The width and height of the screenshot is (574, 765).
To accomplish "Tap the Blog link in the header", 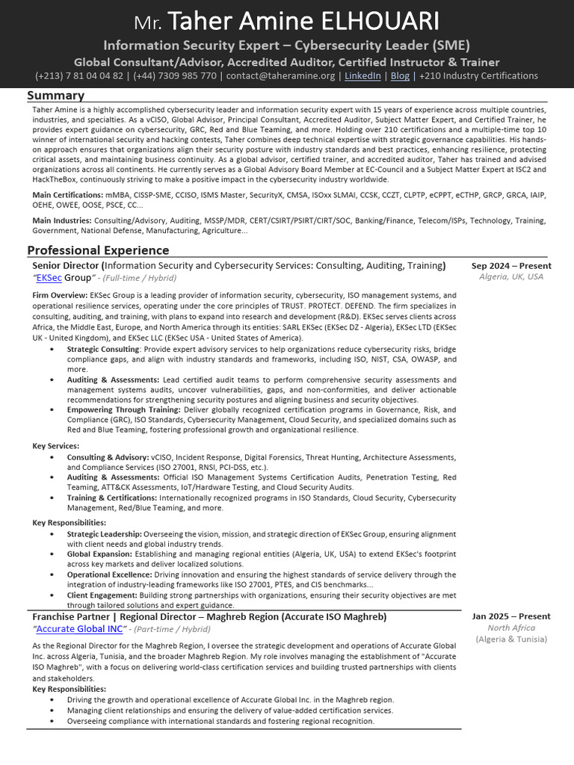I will pyautogui.click(x=400, y=75).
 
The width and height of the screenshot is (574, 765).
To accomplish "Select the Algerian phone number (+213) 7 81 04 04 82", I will pyautogui.click(x=79, y=75).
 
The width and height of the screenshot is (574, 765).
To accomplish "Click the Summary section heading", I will pyautogui.click(x=55, y=95).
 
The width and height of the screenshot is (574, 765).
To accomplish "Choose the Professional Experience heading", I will pyautogui.click(x=98, y=250).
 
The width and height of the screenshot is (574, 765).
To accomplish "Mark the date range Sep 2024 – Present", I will pyautogui.click(x=511, y=265).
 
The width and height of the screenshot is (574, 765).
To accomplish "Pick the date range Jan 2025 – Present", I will pyautogui.click(x=511, y=616).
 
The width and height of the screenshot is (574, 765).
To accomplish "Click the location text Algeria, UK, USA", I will pyautogui.click(x=511, y=276).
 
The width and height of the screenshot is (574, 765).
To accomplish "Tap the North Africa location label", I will pyautogui.click(x=511, y=628).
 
